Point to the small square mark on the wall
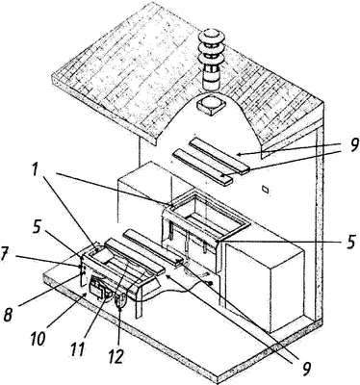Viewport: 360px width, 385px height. (265, 190)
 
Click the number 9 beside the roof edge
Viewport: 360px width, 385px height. (353, 145)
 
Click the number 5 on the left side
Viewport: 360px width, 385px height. (37, 227)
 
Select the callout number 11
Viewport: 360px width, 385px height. (77, 348)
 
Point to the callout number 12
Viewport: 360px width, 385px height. (115, 355)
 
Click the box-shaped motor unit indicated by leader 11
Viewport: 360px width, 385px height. (98, 288)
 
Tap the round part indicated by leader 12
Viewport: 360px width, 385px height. (120, 301)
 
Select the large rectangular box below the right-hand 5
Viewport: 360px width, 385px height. (265, 287)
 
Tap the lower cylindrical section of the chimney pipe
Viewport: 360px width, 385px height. (212, 81)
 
